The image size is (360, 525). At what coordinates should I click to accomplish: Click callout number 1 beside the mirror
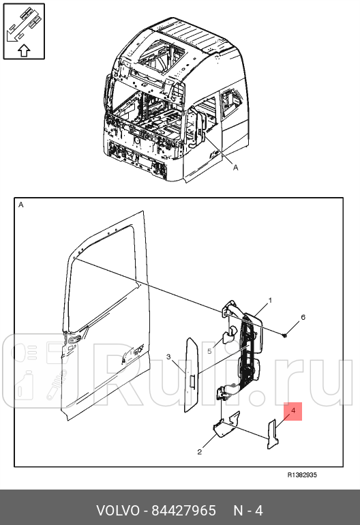coord(269,300)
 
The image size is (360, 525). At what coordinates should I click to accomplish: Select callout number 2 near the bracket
coord(200,451)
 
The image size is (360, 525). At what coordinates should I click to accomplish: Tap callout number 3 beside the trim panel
coord(168,357)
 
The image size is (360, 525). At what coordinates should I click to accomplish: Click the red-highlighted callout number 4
coord(292,411)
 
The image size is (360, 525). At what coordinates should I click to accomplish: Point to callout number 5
coord(210,352)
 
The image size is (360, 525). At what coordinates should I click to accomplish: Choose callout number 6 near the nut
coord(303,318)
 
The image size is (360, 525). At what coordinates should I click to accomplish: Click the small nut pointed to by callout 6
coord(288,334)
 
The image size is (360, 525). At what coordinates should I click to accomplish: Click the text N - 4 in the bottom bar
coord(248,510)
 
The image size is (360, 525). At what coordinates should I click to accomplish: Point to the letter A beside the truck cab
coord(235,166)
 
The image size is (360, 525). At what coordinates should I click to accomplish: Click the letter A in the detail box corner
coord(20,205)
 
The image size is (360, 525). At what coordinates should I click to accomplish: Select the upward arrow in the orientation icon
coord(22,49)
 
